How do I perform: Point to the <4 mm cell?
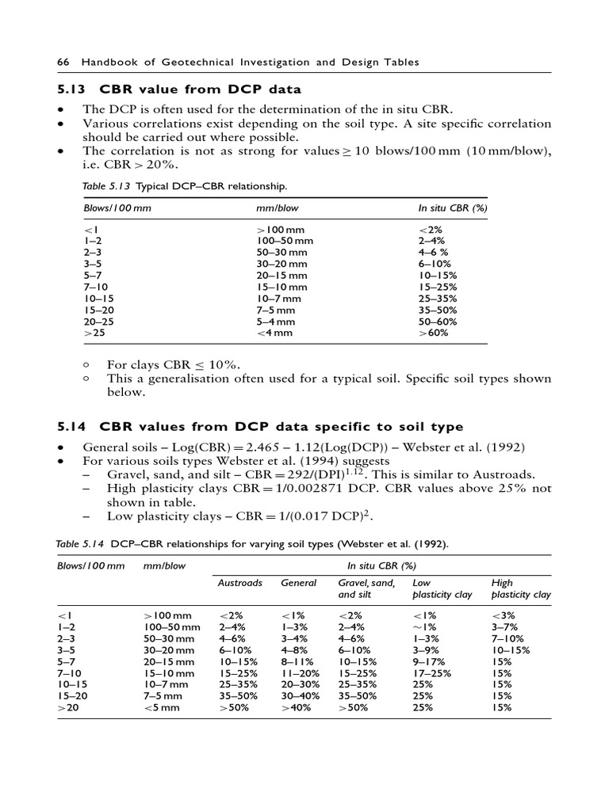274,333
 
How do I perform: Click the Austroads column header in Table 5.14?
239,582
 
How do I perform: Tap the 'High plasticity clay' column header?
520,588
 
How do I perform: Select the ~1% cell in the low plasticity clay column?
425,626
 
